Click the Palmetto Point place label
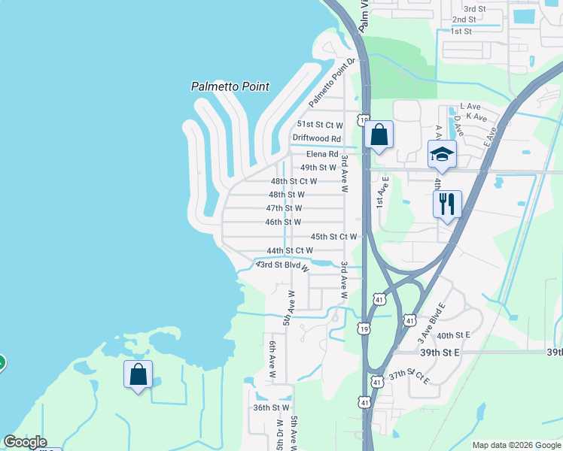(230, 86)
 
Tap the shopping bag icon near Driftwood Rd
(379, 135)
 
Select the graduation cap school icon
(443, 155)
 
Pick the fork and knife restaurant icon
(447, 203)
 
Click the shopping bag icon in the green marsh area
(138, 374)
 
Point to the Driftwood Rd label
(316, 138)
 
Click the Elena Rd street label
(322, 153)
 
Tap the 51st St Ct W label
(320, 125)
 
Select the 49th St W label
(318, 168)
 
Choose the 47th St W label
(284, 208)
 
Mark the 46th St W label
(283, 222)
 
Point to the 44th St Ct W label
(290, 250)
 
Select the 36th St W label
(271, 407)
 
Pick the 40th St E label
(453, 335)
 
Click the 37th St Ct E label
(409, 377)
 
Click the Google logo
(25, 442)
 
